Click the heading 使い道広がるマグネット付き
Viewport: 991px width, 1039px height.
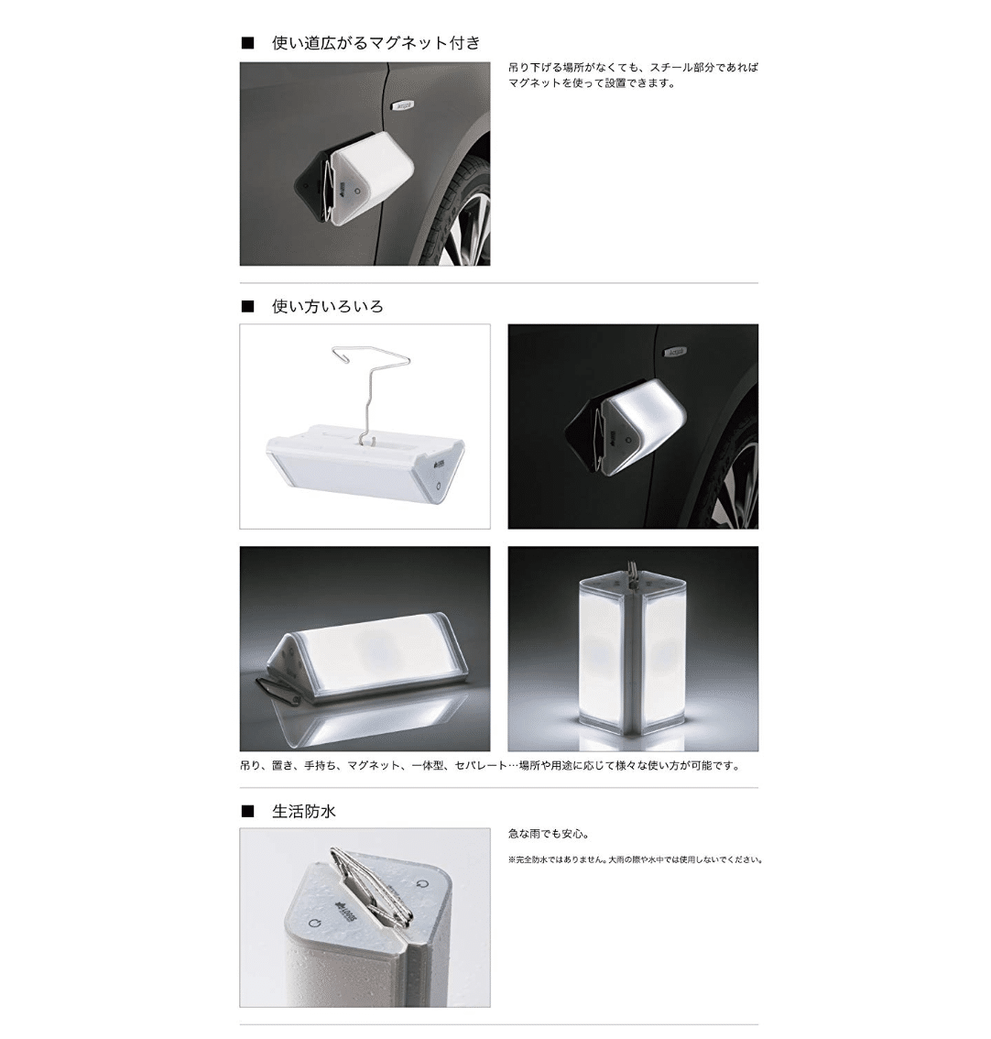pyautogui.click(x=376, y=43)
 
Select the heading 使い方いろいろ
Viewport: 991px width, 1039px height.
pyautogui.click(x=327, y=306)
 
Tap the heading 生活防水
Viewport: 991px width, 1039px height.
pyautogui.click(x=303, y=811)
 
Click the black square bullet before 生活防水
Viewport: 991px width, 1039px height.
pyautogui.click(x=247, y=811)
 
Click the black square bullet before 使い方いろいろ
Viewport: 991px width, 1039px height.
pyautogui.click(x=247, y=306)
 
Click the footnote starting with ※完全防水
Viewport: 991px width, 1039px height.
pyautogui.click(x=636, y=860)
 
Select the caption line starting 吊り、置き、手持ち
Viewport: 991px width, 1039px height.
pyautogui.click(x=490, y=766)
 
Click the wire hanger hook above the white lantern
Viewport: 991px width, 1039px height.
pyautogui.click(x=371, y=391)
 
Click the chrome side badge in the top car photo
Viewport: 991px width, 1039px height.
pyautogui.click(x=403, y=104)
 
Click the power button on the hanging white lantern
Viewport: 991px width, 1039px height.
pyautogui.click(x=440, y=486)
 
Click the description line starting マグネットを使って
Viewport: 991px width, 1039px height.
pyautogui.click(x=593, y=83)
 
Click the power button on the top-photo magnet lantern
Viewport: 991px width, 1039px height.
pyautogui.click(x=357, y=191)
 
